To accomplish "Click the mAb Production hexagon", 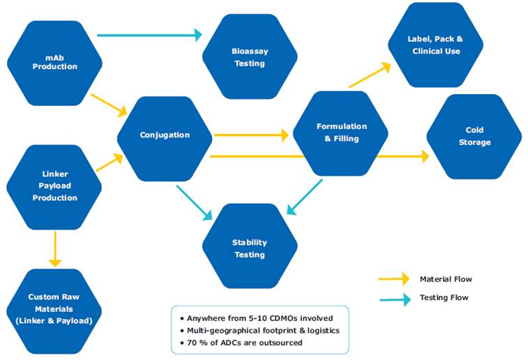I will click(x=54, y=61).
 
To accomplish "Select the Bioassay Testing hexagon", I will click(x=249, y=57).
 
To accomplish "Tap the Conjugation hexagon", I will click(x=165, y=135).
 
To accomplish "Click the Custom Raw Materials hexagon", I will click(x=54, y=308).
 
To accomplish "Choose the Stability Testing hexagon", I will click(x=249, y=248).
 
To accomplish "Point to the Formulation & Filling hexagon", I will click(x=341, y=133).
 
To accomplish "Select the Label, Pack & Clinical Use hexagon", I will click(x=435, y=45).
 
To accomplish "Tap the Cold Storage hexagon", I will click(x=474, y=136).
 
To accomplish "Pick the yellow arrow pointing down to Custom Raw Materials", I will click(x=54, y=248).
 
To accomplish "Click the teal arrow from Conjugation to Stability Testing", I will click(x=195, y=202).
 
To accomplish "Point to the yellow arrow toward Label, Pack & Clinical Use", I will click(x=369, y=75).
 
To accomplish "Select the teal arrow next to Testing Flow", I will click(x=393, y=299).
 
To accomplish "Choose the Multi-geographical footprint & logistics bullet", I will click(x=262, y=330).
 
